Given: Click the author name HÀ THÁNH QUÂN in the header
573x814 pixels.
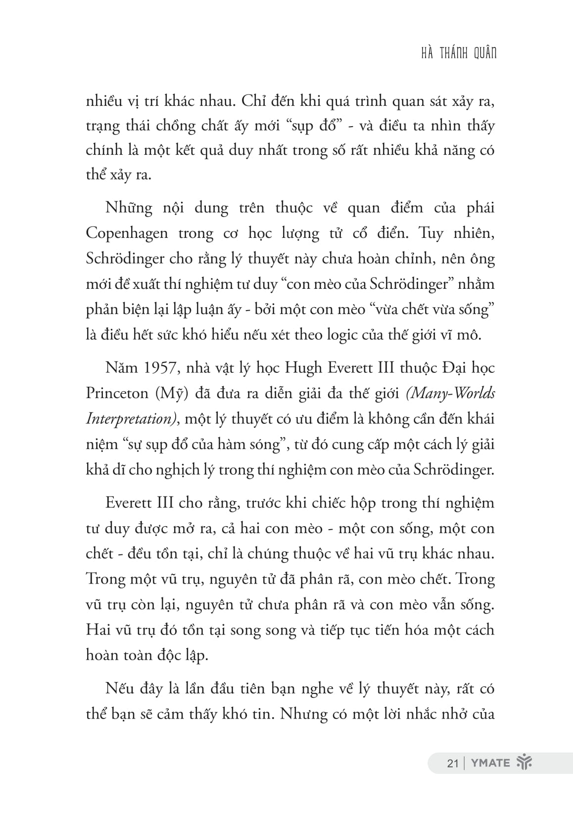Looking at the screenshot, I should tap(458, 53).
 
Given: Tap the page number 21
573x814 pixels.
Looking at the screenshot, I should tap(452, 763).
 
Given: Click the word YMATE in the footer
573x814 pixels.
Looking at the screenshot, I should tap(490, 763).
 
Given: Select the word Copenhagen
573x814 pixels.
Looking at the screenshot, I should tap(127, 233).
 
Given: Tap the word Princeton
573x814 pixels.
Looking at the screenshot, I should tap(117, 393).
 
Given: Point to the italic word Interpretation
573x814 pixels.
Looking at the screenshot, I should tap(131, 419).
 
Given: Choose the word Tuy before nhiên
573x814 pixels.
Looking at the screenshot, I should tap(431, 233).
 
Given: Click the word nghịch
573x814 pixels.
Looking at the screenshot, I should tap(158, 469).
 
